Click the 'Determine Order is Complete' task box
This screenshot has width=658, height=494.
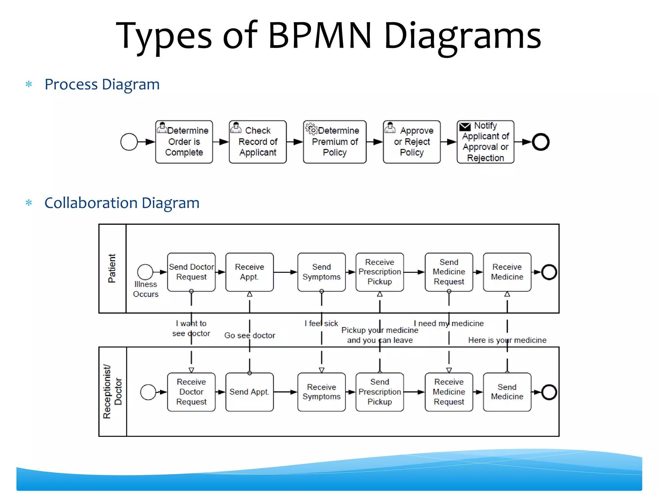click(184, 142)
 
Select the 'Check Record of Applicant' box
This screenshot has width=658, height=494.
click(258, 142)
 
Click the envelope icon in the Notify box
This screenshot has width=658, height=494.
click(465, 127)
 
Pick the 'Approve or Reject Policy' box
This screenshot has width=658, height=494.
click(412, 142)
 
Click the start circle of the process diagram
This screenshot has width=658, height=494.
click(129, 142)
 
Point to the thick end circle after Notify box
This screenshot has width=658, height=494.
click(540, 142)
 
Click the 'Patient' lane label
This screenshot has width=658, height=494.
click(112, 269)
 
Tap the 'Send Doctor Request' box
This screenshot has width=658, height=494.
click(191, 272)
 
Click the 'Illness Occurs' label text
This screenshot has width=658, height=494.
click(146, 289)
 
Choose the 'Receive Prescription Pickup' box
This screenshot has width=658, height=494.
click(379, 272)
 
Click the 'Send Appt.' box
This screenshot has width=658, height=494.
click(249, 392)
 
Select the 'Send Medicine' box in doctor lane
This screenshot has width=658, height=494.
click(507, 392)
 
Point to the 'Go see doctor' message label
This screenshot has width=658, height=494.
click(250, 335)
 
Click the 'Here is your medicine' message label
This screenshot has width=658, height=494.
click(507, 340)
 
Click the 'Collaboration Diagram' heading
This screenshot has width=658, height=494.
click(122, 203)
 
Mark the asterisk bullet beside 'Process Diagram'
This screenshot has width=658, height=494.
click(29, 84)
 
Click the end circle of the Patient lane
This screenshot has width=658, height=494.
click(549, 272)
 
